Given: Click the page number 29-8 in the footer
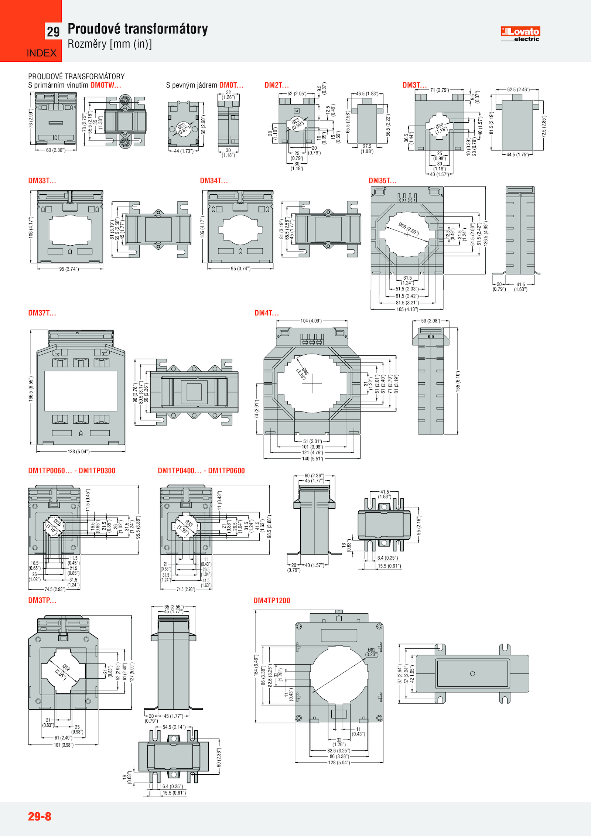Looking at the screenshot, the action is point(40,816).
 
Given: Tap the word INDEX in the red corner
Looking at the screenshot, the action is point(42,53).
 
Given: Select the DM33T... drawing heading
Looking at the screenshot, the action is point(42,181).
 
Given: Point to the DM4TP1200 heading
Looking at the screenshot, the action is point(272,600).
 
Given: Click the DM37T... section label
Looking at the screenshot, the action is point(42,313).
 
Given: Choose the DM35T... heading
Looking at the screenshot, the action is point(383,181).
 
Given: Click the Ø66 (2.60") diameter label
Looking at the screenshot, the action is point(409,229).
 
